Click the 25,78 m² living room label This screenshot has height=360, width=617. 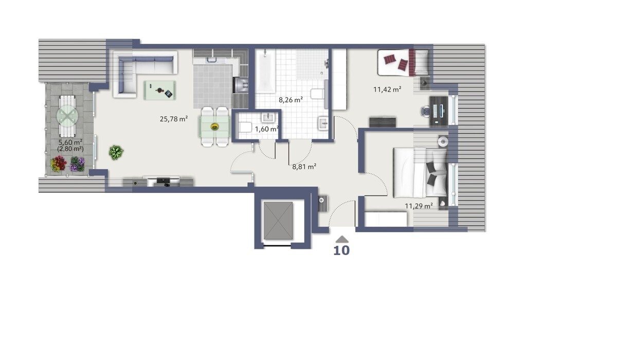tap(174, 119)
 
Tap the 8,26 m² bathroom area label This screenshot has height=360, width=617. tap(291, 99)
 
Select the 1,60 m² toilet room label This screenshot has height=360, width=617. tap(267, 129)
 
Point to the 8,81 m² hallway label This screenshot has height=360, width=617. tap(304, 166)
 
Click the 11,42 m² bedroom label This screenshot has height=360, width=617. tap(387, 89)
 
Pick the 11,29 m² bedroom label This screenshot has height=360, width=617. tap(419, 206)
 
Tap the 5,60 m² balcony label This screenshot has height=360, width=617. tap(70, 142)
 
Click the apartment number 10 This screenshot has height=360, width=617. tap(341, 250)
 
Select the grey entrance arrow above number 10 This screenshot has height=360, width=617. tap(342, 239)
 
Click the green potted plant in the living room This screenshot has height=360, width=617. tap(116, 152)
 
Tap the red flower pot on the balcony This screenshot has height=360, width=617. tap(58, 164)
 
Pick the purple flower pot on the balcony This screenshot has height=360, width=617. tap(77, 164)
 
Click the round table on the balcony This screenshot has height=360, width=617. tap(67, 116)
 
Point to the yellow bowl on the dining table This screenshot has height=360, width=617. tap(214, 127)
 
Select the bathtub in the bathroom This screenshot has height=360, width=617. tap(265, 70)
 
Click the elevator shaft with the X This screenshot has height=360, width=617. tap(278, 220)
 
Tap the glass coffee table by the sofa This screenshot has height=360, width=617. tap(160, 90)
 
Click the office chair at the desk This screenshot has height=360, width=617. tap(425, 112)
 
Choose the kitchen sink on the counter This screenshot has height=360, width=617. tap(212, 60)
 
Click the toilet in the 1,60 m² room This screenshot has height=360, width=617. tap(245, 127)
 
